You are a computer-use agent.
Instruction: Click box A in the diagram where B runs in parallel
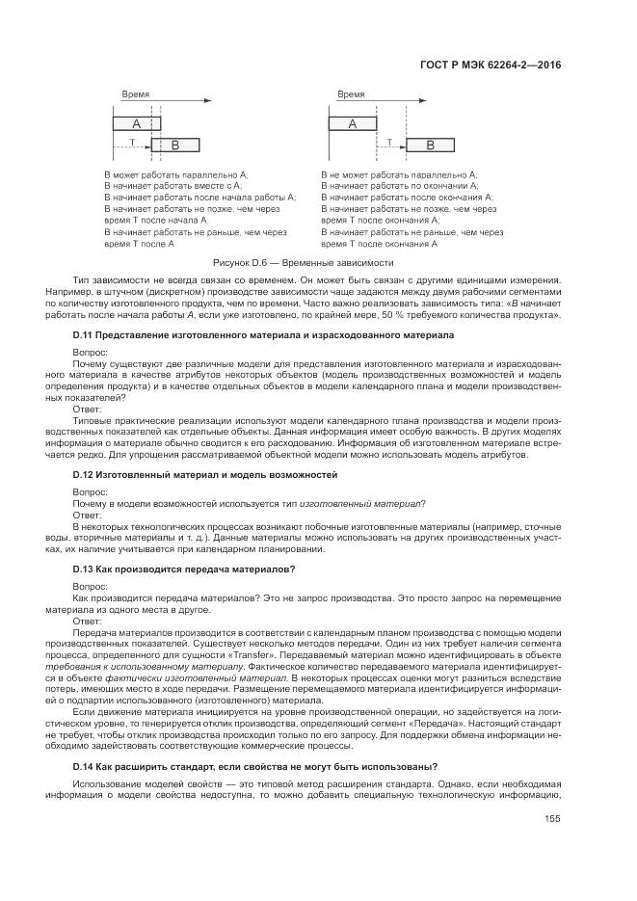(136, 124)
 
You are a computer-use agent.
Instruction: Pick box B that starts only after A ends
(430, 145)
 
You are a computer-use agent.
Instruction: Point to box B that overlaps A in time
(174, 145)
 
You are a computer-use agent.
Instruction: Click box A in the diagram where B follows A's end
(352, 124)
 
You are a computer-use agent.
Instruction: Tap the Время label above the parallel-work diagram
(136, 94)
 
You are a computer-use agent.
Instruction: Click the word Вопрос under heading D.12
(92, 492)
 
